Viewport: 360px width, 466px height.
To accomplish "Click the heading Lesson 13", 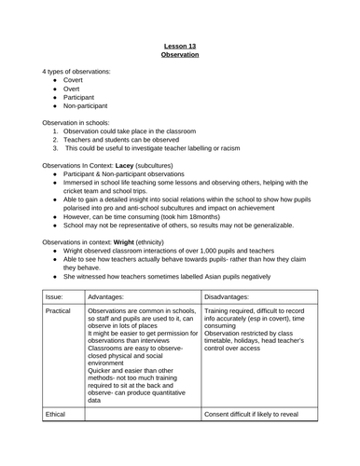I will (180, 45).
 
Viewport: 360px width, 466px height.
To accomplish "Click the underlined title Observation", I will (180, 55).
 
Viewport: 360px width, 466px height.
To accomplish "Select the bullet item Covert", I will (75, 81).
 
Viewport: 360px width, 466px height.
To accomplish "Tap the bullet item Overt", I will (73, 91).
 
